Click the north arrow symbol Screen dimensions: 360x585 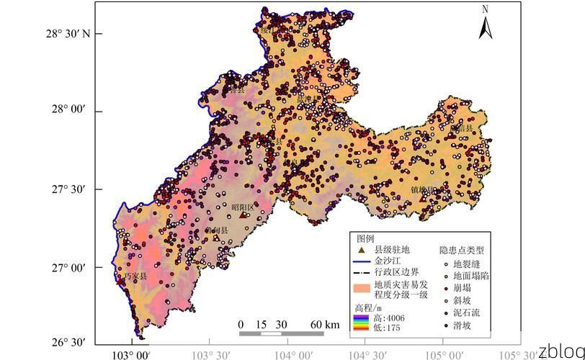coord(486,23)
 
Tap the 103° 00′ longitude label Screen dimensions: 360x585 coord(132,354)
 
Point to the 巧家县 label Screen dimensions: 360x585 coord(135,276)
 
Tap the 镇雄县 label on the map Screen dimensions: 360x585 coord(423,190)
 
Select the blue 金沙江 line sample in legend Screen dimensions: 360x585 coord(362,261)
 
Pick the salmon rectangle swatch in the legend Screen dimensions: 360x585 coord(362,288)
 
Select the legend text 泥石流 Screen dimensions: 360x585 coord(466,312)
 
